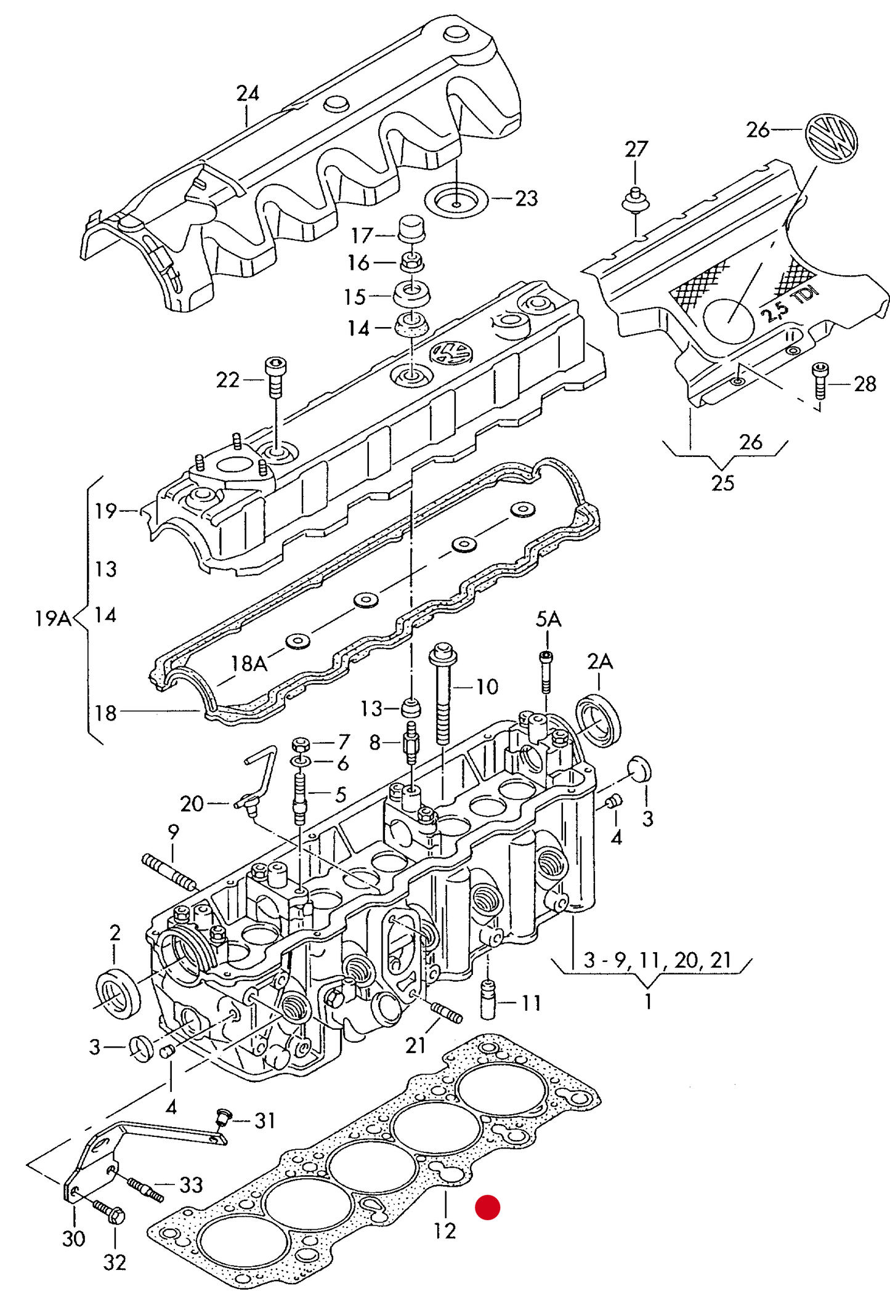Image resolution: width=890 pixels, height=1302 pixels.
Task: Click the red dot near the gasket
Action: (487, 1207)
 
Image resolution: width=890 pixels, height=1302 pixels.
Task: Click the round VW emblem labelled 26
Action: (831, 138)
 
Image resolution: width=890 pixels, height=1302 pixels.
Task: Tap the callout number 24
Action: (248, 94)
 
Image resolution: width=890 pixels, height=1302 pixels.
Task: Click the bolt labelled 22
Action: (275, 377)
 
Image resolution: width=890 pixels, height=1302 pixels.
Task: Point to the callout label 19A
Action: (53, 618)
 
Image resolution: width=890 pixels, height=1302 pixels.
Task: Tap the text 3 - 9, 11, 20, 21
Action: (657, 960)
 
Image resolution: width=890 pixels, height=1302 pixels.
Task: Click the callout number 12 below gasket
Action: (445, 1231)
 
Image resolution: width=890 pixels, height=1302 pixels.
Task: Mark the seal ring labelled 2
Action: (118, 992)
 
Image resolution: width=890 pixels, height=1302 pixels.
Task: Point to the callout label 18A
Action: (249, 663)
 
